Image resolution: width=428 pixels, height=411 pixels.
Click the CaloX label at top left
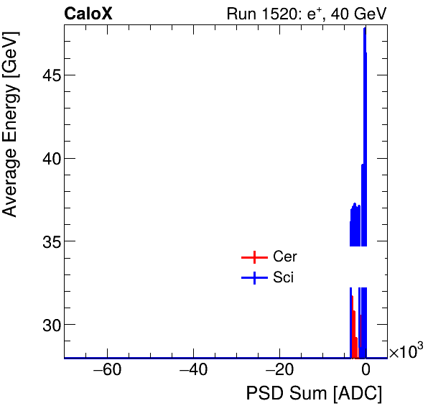pos(88,14)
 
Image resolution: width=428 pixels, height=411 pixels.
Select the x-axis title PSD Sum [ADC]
pos(314,394)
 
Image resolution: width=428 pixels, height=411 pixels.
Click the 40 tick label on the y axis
pos(49,158)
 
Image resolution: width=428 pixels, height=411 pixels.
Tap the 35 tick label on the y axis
pos(49,241)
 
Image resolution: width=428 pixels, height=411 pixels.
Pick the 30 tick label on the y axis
pos(49,325)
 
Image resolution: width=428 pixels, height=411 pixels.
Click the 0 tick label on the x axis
pos(366,371)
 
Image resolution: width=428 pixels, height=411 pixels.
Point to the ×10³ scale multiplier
pos(405,352)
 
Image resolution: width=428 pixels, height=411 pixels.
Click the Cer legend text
pos(285,257)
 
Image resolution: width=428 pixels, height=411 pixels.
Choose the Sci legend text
pos(284,278)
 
